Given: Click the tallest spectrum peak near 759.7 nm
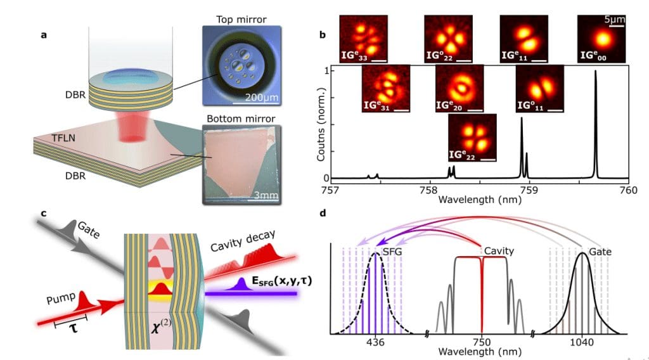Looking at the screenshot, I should tap(596, 73).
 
